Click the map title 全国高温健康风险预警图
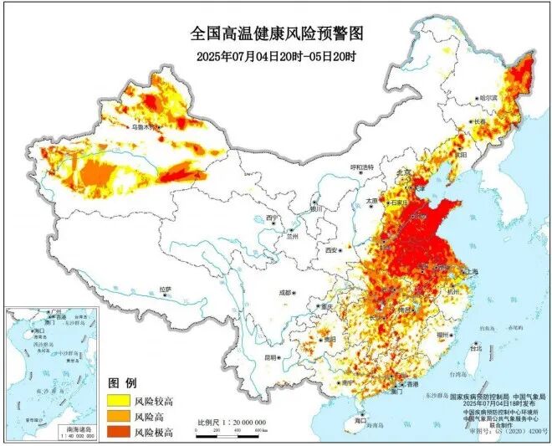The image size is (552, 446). coord(277,34)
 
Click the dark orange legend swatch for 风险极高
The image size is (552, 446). coord(118,431)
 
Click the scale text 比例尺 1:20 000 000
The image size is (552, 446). coord(232,423)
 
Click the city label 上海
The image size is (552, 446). coord(468,271)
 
